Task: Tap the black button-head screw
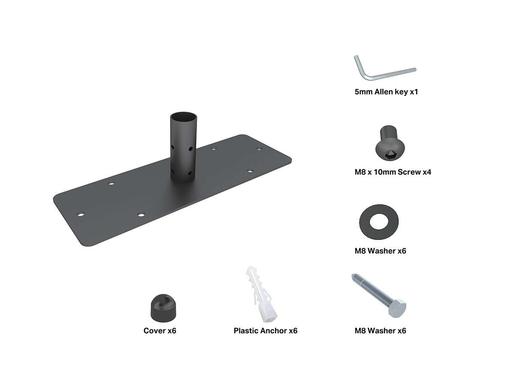[x=390, y=143]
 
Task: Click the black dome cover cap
[x=163, y=308]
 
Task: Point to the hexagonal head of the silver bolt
[x=397, y=308]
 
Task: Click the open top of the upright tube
[x=183, y=116]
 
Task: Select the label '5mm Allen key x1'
[x=386, y=92]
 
